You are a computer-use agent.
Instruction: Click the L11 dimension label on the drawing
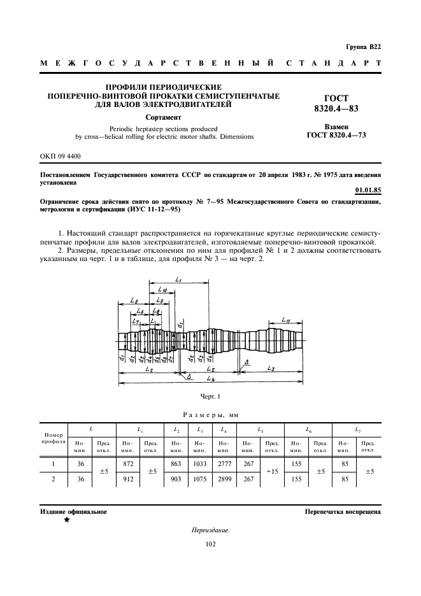click(x=286, y=320)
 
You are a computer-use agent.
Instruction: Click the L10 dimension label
click(x=162, y=290)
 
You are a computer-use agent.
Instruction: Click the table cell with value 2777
click(x=224, y=465)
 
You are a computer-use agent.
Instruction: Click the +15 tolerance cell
click(x=271, y=472)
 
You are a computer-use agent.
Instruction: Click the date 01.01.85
click(x=367, y=190)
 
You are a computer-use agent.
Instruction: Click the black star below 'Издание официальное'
click(x=66, y=520)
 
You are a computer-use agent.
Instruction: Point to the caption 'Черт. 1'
click(x=210, y=397)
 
